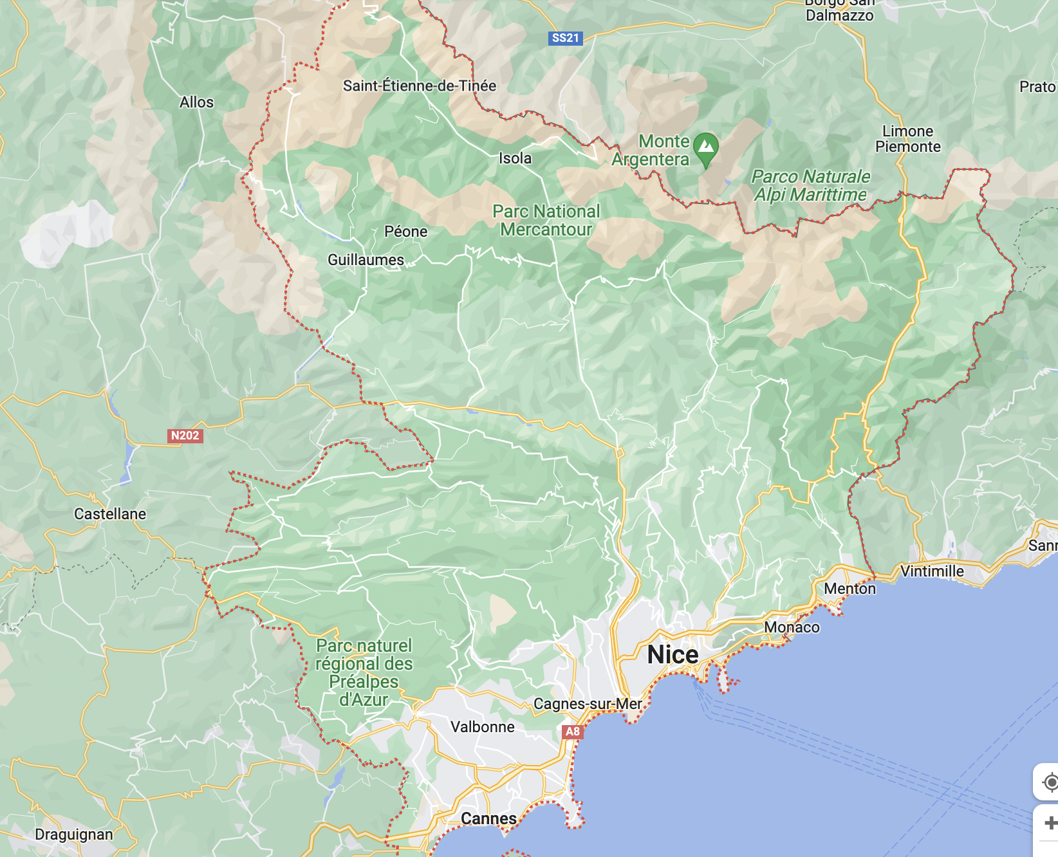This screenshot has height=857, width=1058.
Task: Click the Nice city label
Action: click(x=673, y=654)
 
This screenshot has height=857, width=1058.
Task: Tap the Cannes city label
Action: click(x=488, y=818)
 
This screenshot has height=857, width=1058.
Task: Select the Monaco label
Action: click(x=792, y=627)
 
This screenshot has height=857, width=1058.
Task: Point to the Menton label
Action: click(x=849, y=589)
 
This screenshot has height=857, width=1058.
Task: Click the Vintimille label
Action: click(x=932, y=571)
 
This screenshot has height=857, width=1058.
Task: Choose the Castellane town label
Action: click(x=110, y=514)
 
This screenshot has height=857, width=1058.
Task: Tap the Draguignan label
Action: click(x=74, y=834)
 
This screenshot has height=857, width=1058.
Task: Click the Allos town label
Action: click(x=196, y=102)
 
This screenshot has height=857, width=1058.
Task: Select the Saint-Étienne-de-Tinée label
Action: click(x=420, y=86)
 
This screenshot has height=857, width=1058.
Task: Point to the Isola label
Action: click(x=515, y=158)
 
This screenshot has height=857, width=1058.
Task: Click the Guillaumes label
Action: click(x=366, y=260)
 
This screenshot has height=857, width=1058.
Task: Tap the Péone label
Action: click(x=405, y=232)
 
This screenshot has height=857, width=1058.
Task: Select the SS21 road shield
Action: click(x=565, y=38)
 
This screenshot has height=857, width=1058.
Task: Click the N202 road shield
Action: click(x=185, y=436)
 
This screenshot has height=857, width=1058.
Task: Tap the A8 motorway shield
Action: click(x=572, y=732)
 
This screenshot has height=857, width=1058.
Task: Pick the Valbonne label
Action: click(x=482, y=727)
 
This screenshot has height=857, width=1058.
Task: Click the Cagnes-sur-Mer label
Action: click(x=588, y=704)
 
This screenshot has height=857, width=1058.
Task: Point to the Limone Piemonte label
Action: click(x=907, y=139)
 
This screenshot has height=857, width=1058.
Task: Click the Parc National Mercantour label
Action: click(x=546, y=221)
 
